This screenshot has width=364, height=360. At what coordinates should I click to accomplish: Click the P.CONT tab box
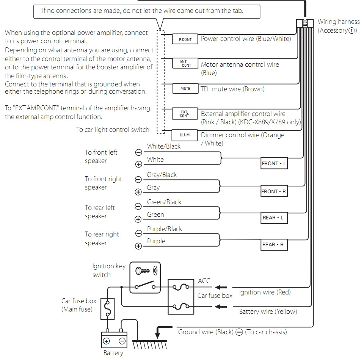tap(185, 39)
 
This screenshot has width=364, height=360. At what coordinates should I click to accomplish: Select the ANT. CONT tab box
tap(185, 64)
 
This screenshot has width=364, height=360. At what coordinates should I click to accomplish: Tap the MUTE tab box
tap(185, 89)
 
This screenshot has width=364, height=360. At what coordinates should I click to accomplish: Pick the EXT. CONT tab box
tap(185, 113)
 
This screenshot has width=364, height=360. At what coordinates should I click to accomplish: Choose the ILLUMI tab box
tap(185, 135)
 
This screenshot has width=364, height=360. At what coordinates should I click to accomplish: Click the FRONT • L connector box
tap(274, 164)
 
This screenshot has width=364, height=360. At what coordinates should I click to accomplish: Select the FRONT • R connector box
tap(274, 192)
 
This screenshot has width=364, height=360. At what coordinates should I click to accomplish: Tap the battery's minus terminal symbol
tap(122, 341)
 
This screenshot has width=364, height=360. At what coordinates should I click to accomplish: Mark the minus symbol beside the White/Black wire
tap(138, 152)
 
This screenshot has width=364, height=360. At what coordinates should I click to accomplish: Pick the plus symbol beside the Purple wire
tap(138, 247)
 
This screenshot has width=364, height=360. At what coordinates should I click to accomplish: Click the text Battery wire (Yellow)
tap(268, 311)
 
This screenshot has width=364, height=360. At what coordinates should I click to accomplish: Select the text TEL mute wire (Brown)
tap(232, 89)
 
